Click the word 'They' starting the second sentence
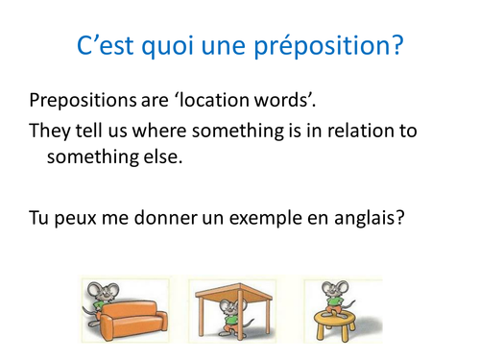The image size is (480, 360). pyautogui.click(x=52, y=131)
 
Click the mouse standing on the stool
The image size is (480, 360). pyautogui.click(x=336, y=295)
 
